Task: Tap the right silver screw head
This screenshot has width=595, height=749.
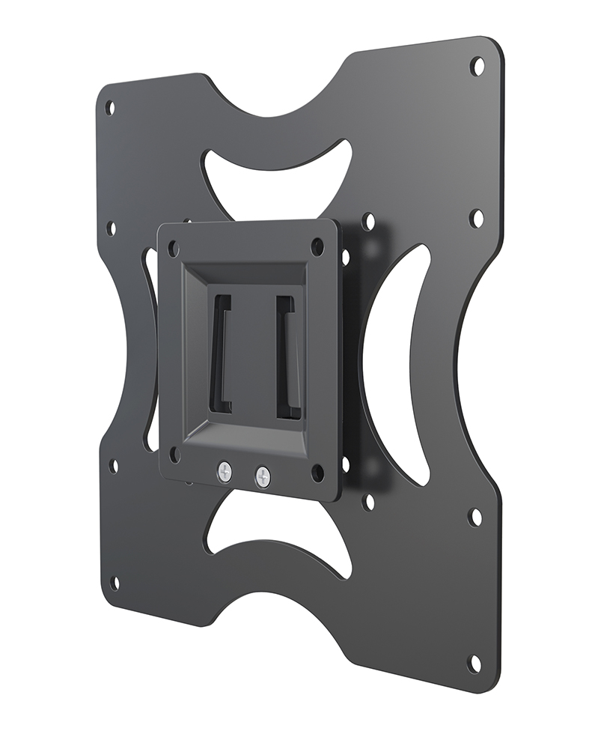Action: (x=261, y=476)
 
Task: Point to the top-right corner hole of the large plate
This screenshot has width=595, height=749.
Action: (x=477, y=66)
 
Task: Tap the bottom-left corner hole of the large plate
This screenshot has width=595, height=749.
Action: (x=115, y=583)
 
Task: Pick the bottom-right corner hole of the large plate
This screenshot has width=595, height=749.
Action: (x=474, y=663)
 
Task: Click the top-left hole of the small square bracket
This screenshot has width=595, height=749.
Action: (x=173, y=248)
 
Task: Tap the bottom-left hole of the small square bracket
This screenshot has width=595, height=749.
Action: (x=174, y=454)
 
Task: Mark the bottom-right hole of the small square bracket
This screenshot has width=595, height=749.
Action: (x=317, y=473)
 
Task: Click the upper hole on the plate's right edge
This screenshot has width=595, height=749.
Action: (x=476, y=218)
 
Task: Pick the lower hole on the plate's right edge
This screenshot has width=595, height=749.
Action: (x=475, y=517)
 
